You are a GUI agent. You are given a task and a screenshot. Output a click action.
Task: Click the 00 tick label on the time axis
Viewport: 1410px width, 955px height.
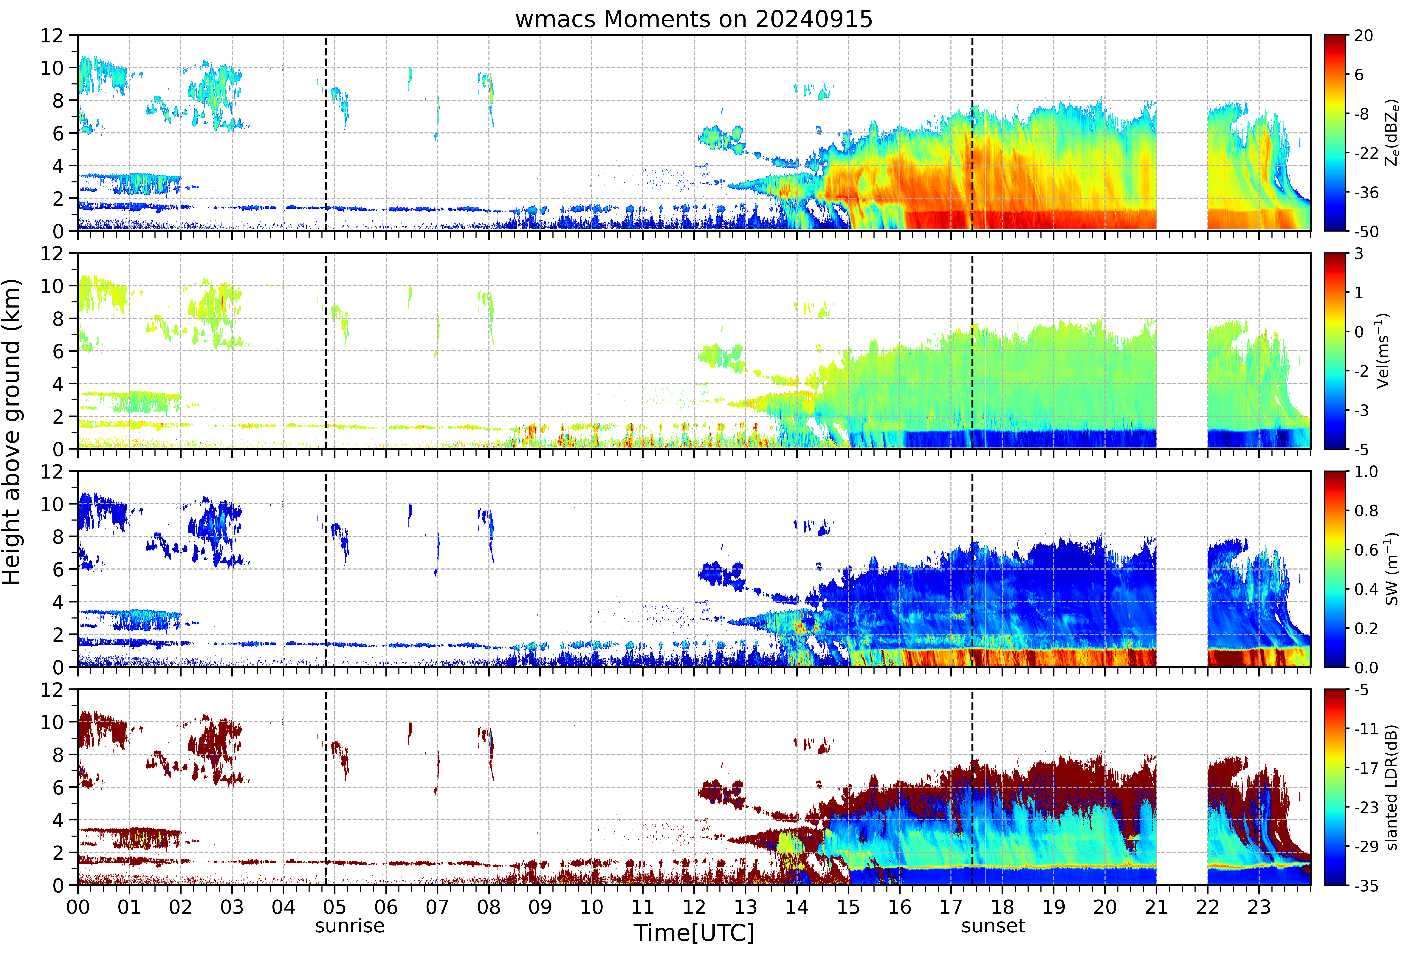pyautogui.click(x=78, y=907)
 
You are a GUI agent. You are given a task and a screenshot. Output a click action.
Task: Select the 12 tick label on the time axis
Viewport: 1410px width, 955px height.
pyautogui.click(x=694, y=907)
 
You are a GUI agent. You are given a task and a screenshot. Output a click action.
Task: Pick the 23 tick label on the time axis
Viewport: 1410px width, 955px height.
pyautogui.click(x=1259, y=907)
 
